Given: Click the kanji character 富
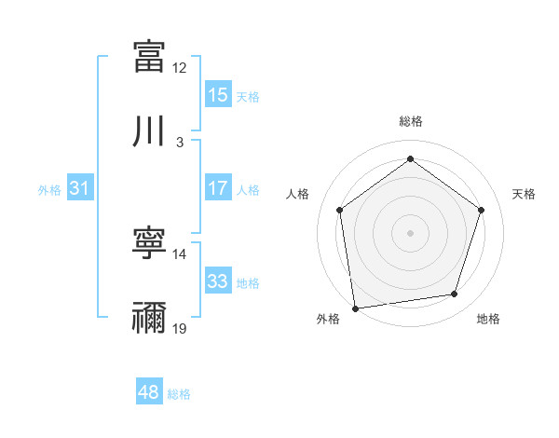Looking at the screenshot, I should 149,56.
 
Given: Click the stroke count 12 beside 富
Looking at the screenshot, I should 180,67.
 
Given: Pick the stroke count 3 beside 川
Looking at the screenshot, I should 180,143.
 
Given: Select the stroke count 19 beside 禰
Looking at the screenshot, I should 180,329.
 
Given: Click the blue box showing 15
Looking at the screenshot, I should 218,94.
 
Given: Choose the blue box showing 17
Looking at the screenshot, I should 218,188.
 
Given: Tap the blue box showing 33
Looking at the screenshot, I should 218,281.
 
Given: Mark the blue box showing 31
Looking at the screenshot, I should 80,188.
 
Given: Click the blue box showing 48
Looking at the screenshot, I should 149,392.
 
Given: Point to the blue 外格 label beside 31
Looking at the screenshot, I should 49,189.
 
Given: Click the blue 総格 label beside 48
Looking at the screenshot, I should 179,393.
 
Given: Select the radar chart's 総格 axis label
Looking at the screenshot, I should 411,121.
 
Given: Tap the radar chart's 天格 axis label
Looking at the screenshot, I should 525,194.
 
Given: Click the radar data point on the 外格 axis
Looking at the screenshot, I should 355,308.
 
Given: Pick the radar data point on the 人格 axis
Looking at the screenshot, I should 339,210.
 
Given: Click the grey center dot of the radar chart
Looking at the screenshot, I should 410,232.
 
